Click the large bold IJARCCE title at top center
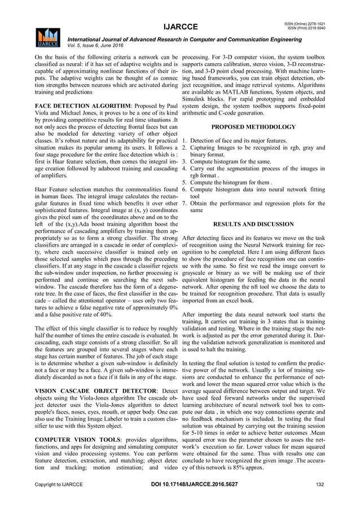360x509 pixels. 180,27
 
